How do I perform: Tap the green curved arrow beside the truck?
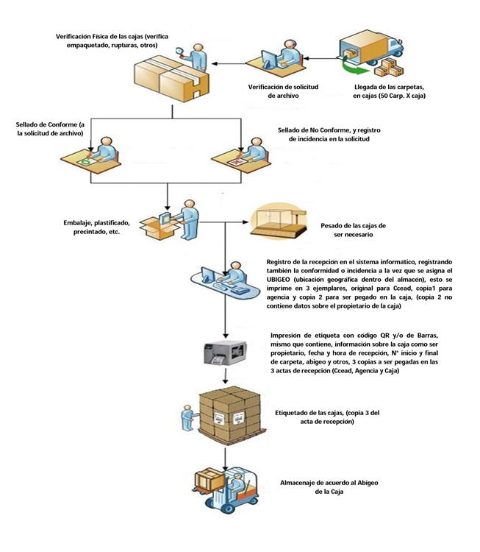click(353, 67)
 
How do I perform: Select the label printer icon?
click(226, 353)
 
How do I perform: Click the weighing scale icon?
click(279, 221)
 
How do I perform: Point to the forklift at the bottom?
click(226, 489)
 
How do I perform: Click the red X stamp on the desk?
click(236, 162)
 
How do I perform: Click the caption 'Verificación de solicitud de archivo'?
click(283, 91)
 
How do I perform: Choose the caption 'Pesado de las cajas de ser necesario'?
click(353, 230)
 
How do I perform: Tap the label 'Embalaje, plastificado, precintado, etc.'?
click(97, 227)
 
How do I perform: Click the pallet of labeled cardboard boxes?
click(231, 414)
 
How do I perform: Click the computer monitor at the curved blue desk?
click(208, 274)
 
